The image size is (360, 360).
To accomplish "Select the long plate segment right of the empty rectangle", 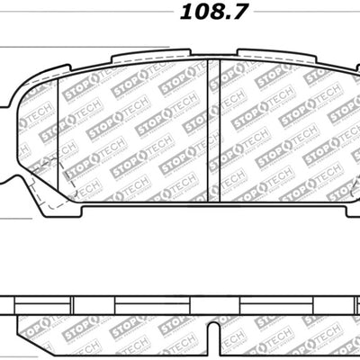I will (x=288, y=279).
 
